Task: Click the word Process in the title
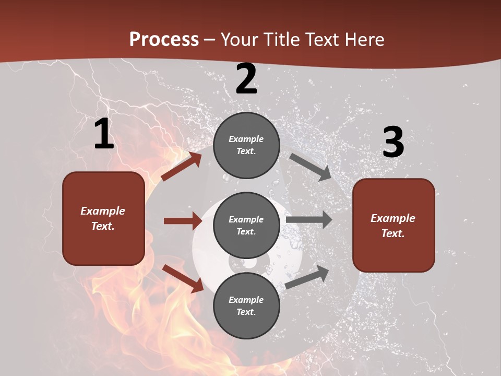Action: click(164, 40)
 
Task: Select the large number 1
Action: click(104, 134)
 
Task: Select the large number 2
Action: click(246, 79)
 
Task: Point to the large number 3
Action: click(393, 142)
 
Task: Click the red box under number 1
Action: click(103, 218)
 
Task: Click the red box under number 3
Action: click(393, 226)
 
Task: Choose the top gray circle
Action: click(246, 145)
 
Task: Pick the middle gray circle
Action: click(246, 226)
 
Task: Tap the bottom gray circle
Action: click(246, 306)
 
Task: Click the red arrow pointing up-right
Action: click(181, 167)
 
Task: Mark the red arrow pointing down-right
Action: click(183, 278)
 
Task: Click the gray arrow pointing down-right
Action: click(311, 167)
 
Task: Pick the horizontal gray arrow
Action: click(309, 220)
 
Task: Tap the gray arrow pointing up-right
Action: click(307, 277)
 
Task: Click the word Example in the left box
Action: click(103, 211)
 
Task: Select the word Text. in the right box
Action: click(393, 233)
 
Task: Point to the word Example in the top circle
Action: click(246, 139)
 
